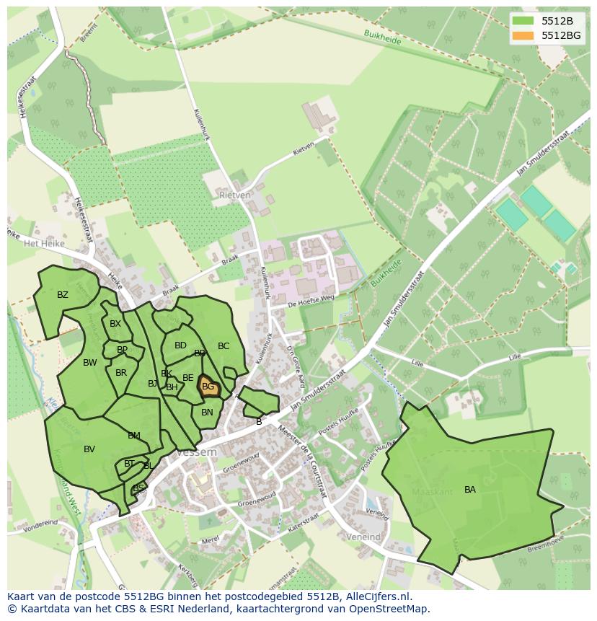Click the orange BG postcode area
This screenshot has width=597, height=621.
tap(208, 387)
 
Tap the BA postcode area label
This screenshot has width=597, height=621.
tap(470, 490)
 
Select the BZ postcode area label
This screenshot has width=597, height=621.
tap(63, 295)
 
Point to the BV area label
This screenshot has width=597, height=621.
tap(89, 449)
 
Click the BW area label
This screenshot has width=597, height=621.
tap(89, 363)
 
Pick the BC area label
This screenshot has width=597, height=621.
tap(224, 346)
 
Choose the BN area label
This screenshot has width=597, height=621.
tap(207, 413)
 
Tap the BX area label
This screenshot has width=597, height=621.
tap(115, 324)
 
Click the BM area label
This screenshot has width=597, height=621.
tap(134, 436)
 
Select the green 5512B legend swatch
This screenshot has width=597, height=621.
tap(523, 22)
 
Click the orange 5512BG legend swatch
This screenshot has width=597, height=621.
tap(523, 35)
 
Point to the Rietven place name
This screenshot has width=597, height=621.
tap(235, 195)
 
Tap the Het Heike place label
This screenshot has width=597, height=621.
tap(44, 244)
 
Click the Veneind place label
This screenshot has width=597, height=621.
tap(363, 537)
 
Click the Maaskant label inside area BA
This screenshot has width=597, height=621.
tap(432, 492)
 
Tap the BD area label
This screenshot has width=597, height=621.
tap(180, 345)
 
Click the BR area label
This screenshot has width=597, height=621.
tap(121, 373)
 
